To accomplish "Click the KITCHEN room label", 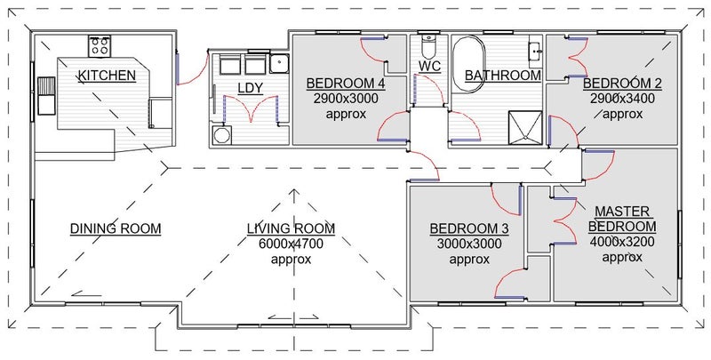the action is pos(107,76).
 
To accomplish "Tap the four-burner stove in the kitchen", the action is pos(100,46).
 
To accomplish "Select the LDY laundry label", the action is pos(251,88).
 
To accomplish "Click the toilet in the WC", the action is pos(428,45).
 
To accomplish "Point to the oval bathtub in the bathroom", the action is pos(469,64).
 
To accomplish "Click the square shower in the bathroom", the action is pos(525,127).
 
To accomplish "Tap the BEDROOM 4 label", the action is pos(346,84).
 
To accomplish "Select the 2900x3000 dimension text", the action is pos(346,99).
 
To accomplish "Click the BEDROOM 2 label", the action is pos(622,84).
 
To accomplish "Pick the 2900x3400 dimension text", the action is pos(623,99).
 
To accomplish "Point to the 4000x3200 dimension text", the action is pos(622,242).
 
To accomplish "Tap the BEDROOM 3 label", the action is pos(469,229).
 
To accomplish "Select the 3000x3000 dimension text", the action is pos(469,244).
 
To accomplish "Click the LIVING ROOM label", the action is pos(292,228).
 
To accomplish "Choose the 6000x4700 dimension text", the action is pos(292,244).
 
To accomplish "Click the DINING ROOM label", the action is pos(116,228).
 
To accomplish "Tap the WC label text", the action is pos(429,66).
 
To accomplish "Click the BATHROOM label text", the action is pos(503,76).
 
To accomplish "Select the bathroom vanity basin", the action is pos(536,49).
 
